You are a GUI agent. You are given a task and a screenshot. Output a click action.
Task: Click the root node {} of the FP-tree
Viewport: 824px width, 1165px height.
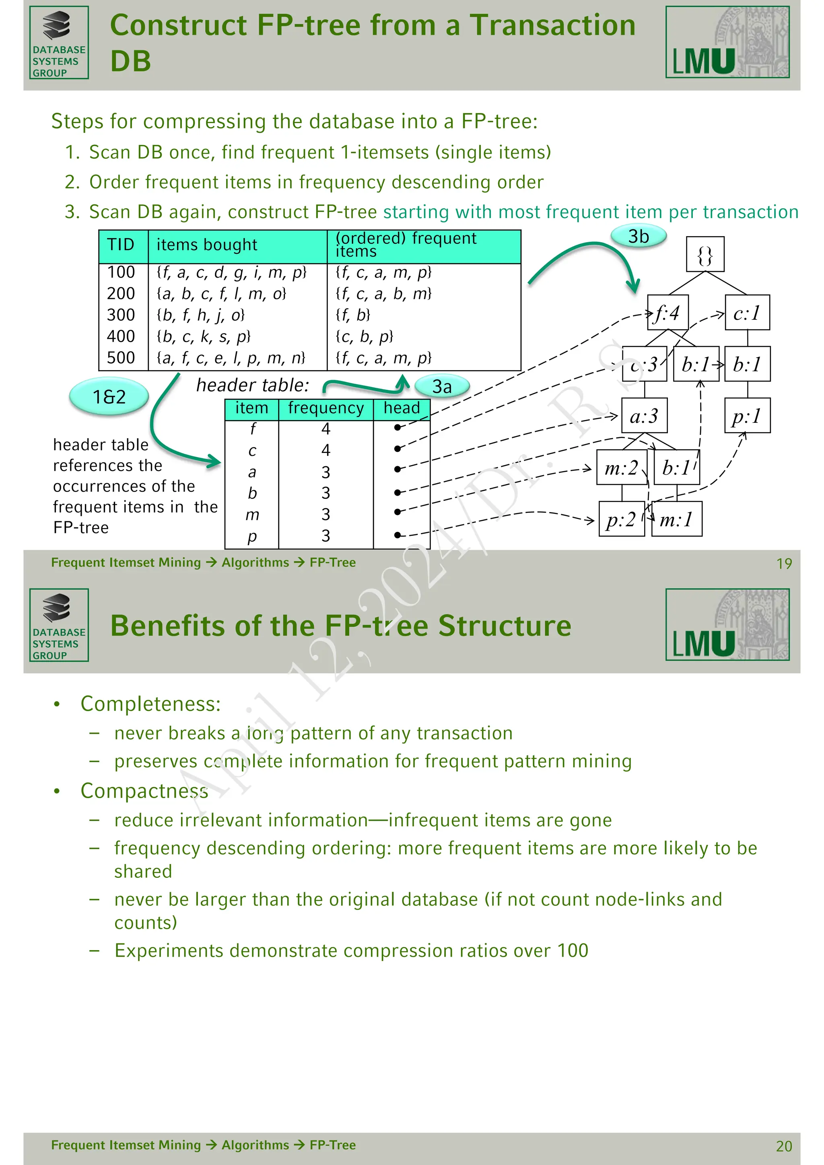[x=705, y=254]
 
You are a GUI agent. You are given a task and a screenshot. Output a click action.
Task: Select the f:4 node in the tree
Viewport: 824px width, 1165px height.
[x=668, y=313]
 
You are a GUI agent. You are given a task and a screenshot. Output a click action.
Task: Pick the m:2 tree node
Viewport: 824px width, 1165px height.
[x=622, y=467]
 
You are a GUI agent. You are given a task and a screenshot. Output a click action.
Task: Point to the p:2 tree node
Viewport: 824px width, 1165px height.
[x=622, y=519]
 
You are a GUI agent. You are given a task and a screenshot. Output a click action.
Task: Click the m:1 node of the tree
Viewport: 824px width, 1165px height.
[x=677, y=519]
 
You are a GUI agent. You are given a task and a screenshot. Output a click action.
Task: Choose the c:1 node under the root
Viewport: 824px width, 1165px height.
[x=747, y=313]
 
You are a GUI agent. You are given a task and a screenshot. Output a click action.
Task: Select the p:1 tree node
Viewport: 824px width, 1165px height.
[x=747, y=416]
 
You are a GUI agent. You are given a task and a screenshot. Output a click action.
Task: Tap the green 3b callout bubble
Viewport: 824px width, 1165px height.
[x=638, y=237]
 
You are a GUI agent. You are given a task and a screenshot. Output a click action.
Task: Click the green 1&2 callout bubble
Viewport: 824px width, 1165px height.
[x=109, y=397]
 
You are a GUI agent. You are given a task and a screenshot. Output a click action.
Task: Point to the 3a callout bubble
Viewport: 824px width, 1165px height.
[x=442, y=387]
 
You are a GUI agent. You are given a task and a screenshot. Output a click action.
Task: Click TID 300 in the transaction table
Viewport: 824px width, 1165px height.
[x=121, y=315]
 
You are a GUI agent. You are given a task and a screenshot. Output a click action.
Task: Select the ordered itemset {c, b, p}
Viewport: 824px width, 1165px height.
[x=364, y=336]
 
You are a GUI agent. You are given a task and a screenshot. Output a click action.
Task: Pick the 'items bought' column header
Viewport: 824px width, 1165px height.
[x=206, y=245]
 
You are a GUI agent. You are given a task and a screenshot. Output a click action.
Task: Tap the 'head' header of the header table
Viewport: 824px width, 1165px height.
[x=402, y=408]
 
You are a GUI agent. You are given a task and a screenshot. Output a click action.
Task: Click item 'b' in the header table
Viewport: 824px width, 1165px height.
[x=252, y=493]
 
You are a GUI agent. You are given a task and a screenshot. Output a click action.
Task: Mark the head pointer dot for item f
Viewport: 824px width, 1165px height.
[x=397, y=428]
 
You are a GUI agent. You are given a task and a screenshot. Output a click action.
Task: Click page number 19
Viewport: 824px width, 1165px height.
[x=784, y=564]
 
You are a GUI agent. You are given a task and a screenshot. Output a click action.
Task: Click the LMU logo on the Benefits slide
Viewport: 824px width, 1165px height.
[x=727, y=625]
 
